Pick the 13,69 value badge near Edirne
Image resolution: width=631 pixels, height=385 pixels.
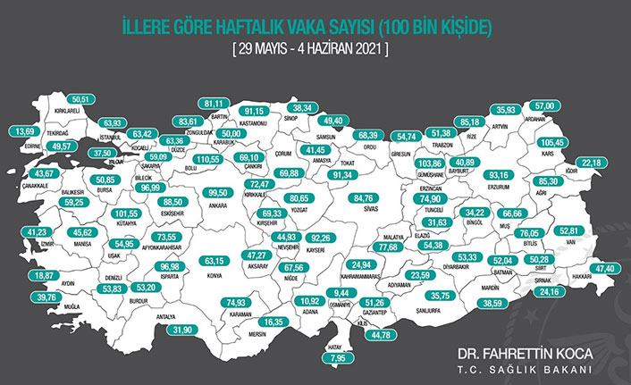click(29, 130)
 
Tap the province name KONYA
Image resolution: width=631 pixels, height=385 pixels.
click(215, 274)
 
